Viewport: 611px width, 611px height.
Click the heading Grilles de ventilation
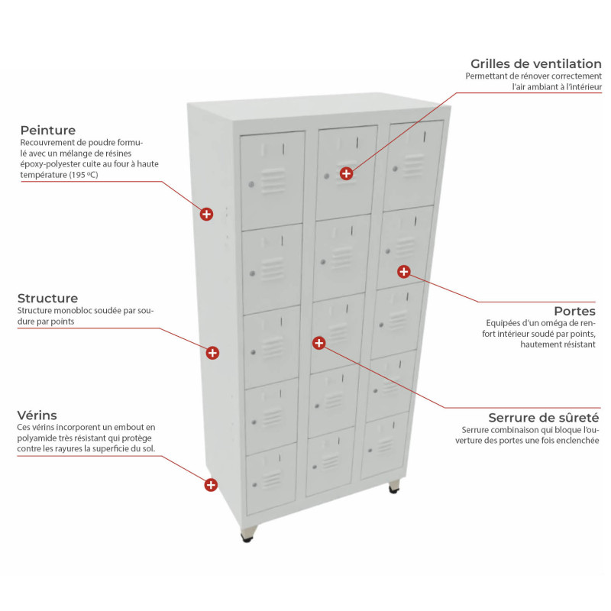point(536,64)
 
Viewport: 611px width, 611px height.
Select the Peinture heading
point(48,130)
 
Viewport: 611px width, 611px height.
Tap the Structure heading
point(47,298)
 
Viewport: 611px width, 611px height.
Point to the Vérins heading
point(37,415)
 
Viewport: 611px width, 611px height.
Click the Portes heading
point(575,311)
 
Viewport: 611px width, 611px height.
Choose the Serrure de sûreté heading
point(544,418)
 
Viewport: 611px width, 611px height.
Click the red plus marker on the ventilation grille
point(346,173)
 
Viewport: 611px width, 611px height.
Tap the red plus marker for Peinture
point(206,214)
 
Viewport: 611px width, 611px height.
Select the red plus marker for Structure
point(212,353)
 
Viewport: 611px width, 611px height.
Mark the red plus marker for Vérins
point(211,485)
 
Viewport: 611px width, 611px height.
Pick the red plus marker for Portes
point(404,272)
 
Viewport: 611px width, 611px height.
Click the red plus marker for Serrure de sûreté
point(318,343)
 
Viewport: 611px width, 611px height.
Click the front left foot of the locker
point(248,533)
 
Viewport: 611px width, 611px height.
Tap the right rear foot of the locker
point(394,487)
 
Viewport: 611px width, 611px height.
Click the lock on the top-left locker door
point(251,184)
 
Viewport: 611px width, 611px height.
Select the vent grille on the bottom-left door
point(272,480)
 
